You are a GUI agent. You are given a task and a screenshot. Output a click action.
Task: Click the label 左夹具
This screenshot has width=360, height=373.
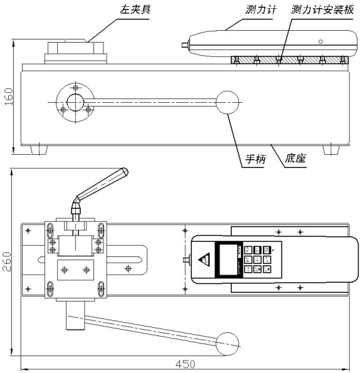(135, 10)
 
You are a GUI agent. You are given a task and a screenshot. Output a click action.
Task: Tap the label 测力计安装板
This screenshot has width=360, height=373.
(322, 10)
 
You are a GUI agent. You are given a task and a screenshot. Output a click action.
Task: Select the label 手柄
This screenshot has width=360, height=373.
(255, 159)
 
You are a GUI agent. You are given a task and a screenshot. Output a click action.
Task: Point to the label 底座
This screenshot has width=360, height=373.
(295, 158)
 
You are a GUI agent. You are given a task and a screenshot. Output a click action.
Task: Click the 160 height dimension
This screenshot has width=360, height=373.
(9, 97)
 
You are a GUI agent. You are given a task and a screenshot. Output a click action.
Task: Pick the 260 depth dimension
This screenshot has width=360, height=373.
(7, 261)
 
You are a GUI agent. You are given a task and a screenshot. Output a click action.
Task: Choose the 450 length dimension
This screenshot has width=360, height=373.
(185, 364)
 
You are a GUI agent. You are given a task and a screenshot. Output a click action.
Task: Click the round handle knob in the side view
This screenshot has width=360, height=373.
(227, 102)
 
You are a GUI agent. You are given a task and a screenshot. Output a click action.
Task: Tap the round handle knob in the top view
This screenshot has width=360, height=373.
(227, 344)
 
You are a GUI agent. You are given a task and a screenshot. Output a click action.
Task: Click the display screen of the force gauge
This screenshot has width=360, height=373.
(228, 260)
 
